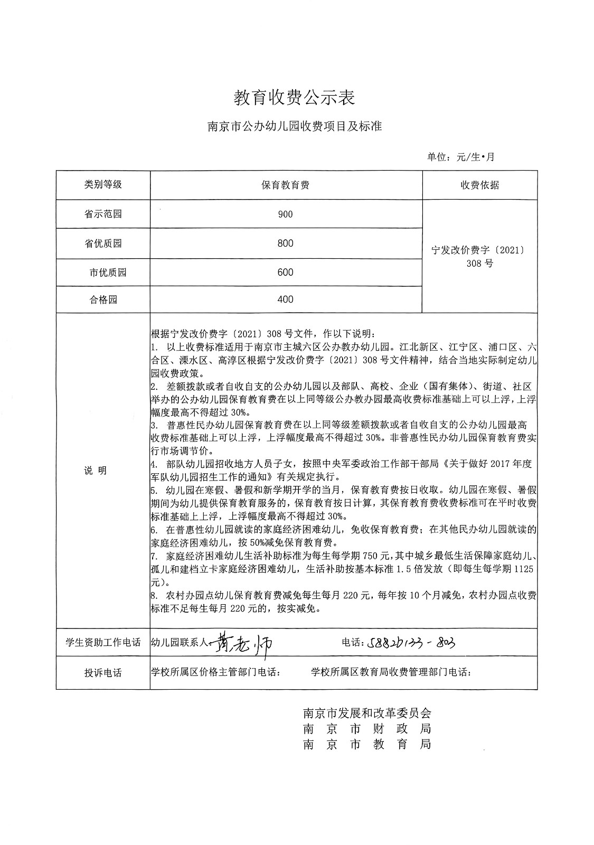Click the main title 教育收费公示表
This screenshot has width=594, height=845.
(294, 97)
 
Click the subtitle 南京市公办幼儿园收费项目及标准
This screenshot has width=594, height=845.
(294, 127)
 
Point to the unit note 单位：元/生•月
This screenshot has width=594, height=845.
(460, 157)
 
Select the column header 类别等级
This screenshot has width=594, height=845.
(103, 184)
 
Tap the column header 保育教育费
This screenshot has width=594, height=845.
(285, 185)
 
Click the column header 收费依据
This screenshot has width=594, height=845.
(479, 185)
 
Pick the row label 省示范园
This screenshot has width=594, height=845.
(103, 214)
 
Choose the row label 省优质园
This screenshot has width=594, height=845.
(103, 243)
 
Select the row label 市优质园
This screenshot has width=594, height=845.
(108, 273)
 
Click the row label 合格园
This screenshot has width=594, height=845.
(103, 299)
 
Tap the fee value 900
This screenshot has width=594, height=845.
(285, 214)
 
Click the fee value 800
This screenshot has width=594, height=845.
(285, 243)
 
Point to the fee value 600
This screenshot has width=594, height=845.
(285, 273)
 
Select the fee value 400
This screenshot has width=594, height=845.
(285, 299)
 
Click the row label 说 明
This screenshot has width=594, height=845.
(96, 471)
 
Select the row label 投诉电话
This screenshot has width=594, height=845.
(103, 673)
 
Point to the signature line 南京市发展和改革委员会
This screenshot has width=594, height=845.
(367, 713)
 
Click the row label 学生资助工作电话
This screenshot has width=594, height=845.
(103, 643)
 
